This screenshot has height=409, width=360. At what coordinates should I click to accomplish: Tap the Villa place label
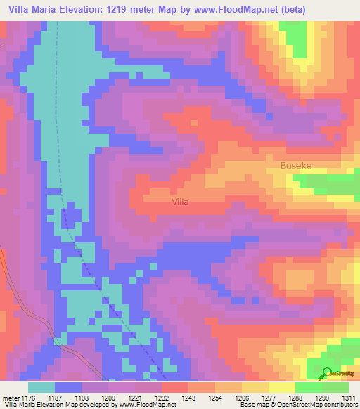(181, 202)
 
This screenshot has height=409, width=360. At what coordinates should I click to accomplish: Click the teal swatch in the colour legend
(41, 387)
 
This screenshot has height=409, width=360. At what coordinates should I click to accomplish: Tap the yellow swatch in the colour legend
(282, 387)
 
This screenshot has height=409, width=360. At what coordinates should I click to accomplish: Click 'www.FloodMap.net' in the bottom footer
(147, 405)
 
